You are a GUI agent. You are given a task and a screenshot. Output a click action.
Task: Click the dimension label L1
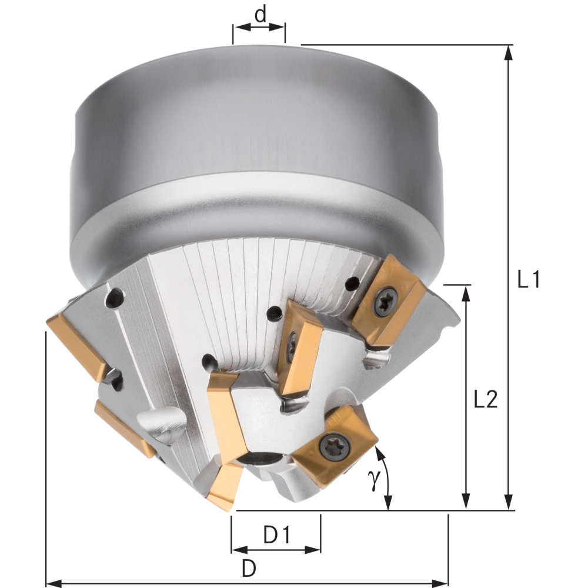[529, 279]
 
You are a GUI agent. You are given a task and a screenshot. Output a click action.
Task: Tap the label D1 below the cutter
[277, 534]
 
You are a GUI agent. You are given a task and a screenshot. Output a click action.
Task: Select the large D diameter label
[249, 568]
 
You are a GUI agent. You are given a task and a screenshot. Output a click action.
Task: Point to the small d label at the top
[260, 15]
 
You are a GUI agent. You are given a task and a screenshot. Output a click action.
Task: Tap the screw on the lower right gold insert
[335, 446]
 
